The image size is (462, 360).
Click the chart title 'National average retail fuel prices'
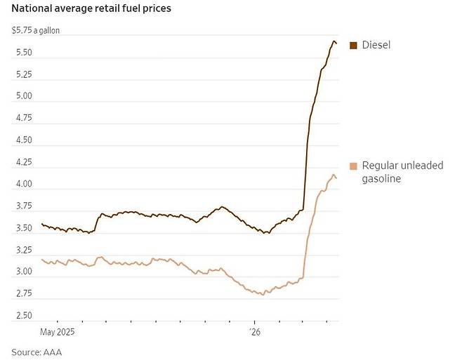pos(91,9)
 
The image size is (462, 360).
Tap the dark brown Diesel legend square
pos(353,46)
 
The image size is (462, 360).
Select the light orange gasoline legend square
pos(353,166)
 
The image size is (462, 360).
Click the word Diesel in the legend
pos(376,46)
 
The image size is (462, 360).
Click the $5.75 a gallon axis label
pos(35,31)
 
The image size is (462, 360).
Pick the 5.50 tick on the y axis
pos(23,53)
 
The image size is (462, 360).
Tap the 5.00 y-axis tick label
pos(23,97)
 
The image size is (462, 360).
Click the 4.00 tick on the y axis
pos(23,185)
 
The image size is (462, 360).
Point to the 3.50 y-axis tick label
pos(23,229)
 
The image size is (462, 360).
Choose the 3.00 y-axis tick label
pos(23,272)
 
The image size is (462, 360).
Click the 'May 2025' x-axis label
pos(58,331)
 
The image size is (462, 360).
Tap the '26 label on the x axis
pos(255,331)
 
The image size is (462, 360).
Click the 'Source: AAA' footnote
pos(41,351)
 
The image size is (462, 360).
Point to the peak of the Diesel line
pos(334,41)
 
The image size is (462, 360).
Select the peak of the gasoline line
pos(334,175)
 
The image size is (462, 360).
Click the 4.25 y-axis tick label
pos(23,163)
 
